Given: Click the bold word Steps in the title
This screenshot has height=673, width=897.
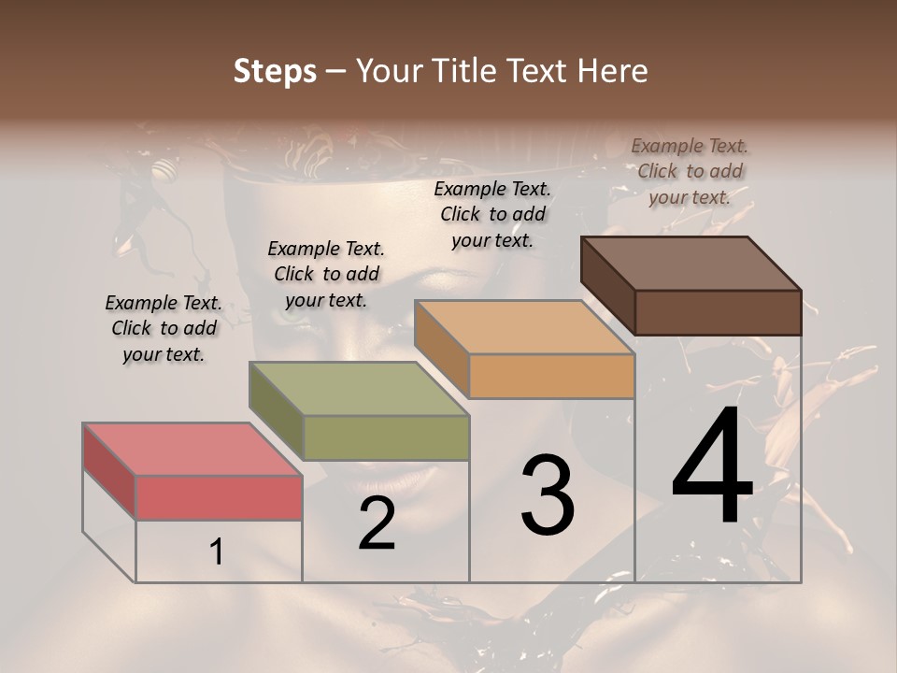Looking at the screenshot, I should [275, 71].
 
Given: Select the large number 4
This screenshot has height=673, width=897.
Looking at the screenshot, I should [712, 467].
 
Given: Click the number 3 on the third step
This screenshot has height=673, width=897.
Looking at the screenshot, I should [548, 495].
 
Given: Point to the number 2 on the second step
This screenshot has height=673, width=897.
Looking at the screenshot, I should [377, 524].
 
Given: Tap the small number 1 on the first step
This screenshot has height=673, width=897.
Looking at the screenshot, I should [217, 552].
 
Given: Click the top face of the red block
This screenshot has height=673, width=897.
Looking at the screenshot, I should [192, 449].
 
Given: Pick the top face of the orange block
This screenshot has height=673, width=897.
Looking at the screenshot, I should [523, 327].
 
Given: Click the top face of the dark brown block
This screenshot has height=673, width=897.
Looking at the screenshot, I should [691, 264].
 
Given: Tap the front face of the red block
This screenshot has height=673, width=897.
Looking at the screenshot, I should [219, 497].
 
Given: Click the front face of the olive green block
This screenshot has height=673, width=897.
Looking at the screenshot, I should [386, 437].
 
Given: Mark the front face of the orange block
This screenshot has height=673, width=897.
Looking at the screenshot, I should [551, 376].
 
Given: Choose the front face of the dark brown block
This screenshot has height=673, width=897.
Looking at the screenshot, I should [718, 312].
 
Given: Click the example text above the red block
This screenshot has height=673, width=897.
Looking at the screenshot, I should [164, 328].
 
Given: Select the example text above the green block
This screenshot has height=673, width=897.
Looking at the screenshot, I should [326, 274].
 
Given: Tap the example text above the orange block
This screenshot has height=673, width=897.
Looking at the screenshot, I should [492, 214].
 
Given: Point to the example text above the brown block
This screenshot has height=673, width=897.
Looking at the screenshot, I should [690, 171].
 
